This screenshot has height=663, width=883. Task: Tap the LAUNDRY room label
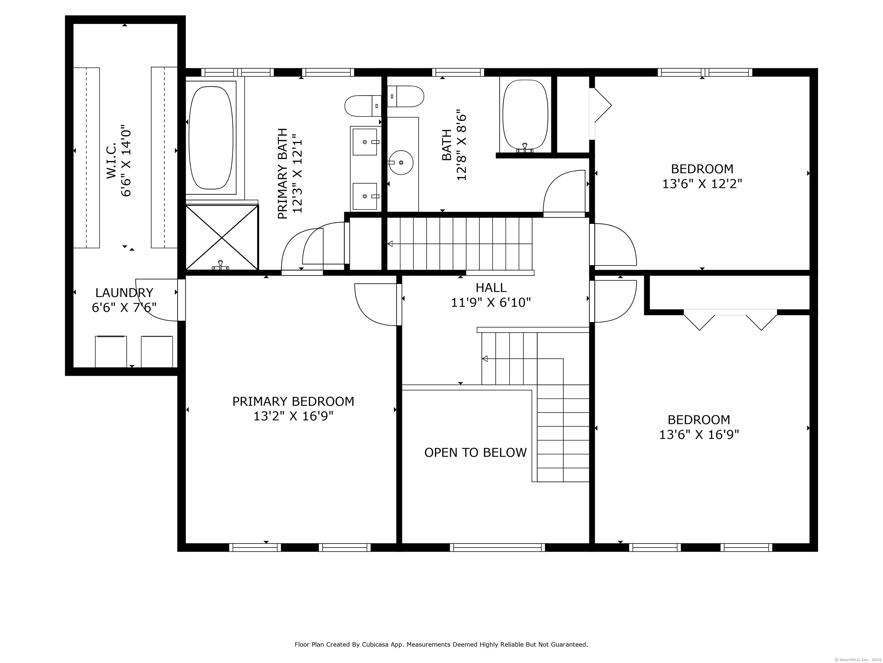click(x=124, y=293)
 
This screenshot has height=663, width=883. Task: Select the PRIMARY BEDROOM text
click(x=293, y=401)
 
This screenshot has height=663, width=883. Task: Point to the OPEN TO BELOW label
click(x=475, y=452)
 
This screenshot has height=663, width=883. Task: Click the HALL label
click(x=491, y=288)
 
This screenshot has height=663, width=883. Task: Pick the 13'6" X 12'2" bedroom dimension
click(x=702, y=184)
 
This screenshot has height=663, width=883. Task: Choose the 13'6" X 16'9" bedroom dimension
click(x=699, y=435)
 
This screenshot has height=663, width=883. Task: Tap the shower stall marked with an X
click(x=222, y=237)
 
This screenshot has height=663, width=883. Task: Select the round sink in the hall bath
click(x=401, y=162)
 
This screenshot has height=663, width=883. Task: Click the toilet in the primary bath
click(x=363, y=106)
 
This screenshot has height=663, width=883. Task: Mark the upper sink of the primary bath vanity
click(x=364, y=142)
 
